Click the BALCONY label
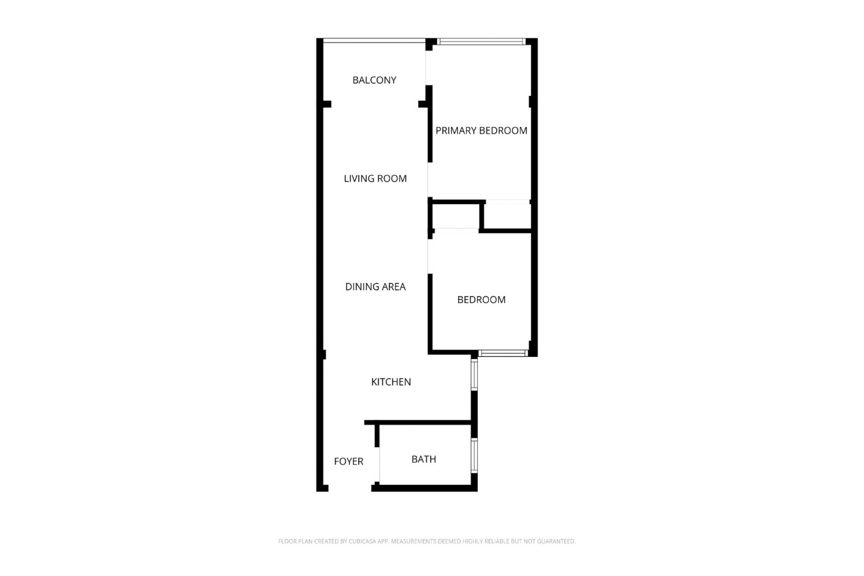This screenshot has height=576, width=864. pos(374,80)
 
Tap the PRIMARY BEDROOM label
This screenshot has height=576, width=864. pos(481,130)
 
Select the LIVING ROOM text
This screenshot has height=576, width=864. pos(375,179)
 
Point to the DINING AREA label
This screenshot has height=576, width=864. pos(375,287)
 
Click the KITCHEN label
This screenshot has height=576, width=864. pos(391,382)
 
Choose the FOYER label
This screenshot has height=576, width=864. pos(348,461)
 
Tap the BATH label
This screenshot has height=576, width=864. pos(423,459)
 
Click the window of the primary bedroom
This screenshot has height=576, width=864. pos(482,42)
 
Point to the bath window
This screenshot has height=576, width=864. pos(474,455)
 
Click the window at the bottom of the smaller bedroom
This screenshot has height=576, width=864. pos(503,353)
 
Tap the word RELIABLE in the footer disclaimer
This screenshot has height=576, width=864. pos(496,541)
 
